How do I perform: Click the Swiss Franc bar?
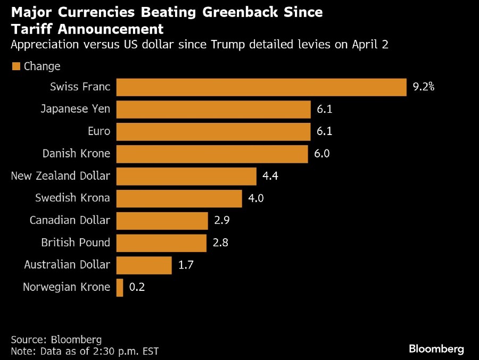point(261,87)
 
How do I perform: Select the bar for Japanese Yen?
point(213,110)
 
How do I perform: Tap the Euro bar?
point(213,132)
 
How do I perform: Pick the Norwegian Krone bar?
point(120,288)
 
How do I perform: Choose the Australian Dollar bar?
point(144,265)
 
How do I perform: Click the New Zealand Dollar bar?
point(186,176)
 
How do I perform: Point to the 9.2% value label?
point(424,87)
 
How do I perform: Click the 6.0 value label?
point(322,154)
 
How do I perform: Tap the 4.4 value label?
point(271,176)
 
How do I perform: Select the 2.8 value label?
point(220,242)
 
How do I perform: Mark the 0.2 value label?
point(137,288)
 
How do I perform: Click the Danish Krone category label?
point(76,154)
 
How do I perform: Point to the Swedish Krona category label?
point(72,198)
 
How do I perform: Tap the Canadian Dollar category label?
point(70,220)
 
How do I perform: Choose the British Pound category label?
point(76,242)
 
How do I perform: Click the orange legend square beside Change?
point(15,66)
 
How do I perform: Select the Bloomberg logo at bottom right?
point(436,349)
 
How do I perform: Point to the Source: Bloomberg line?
point(56,339)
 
